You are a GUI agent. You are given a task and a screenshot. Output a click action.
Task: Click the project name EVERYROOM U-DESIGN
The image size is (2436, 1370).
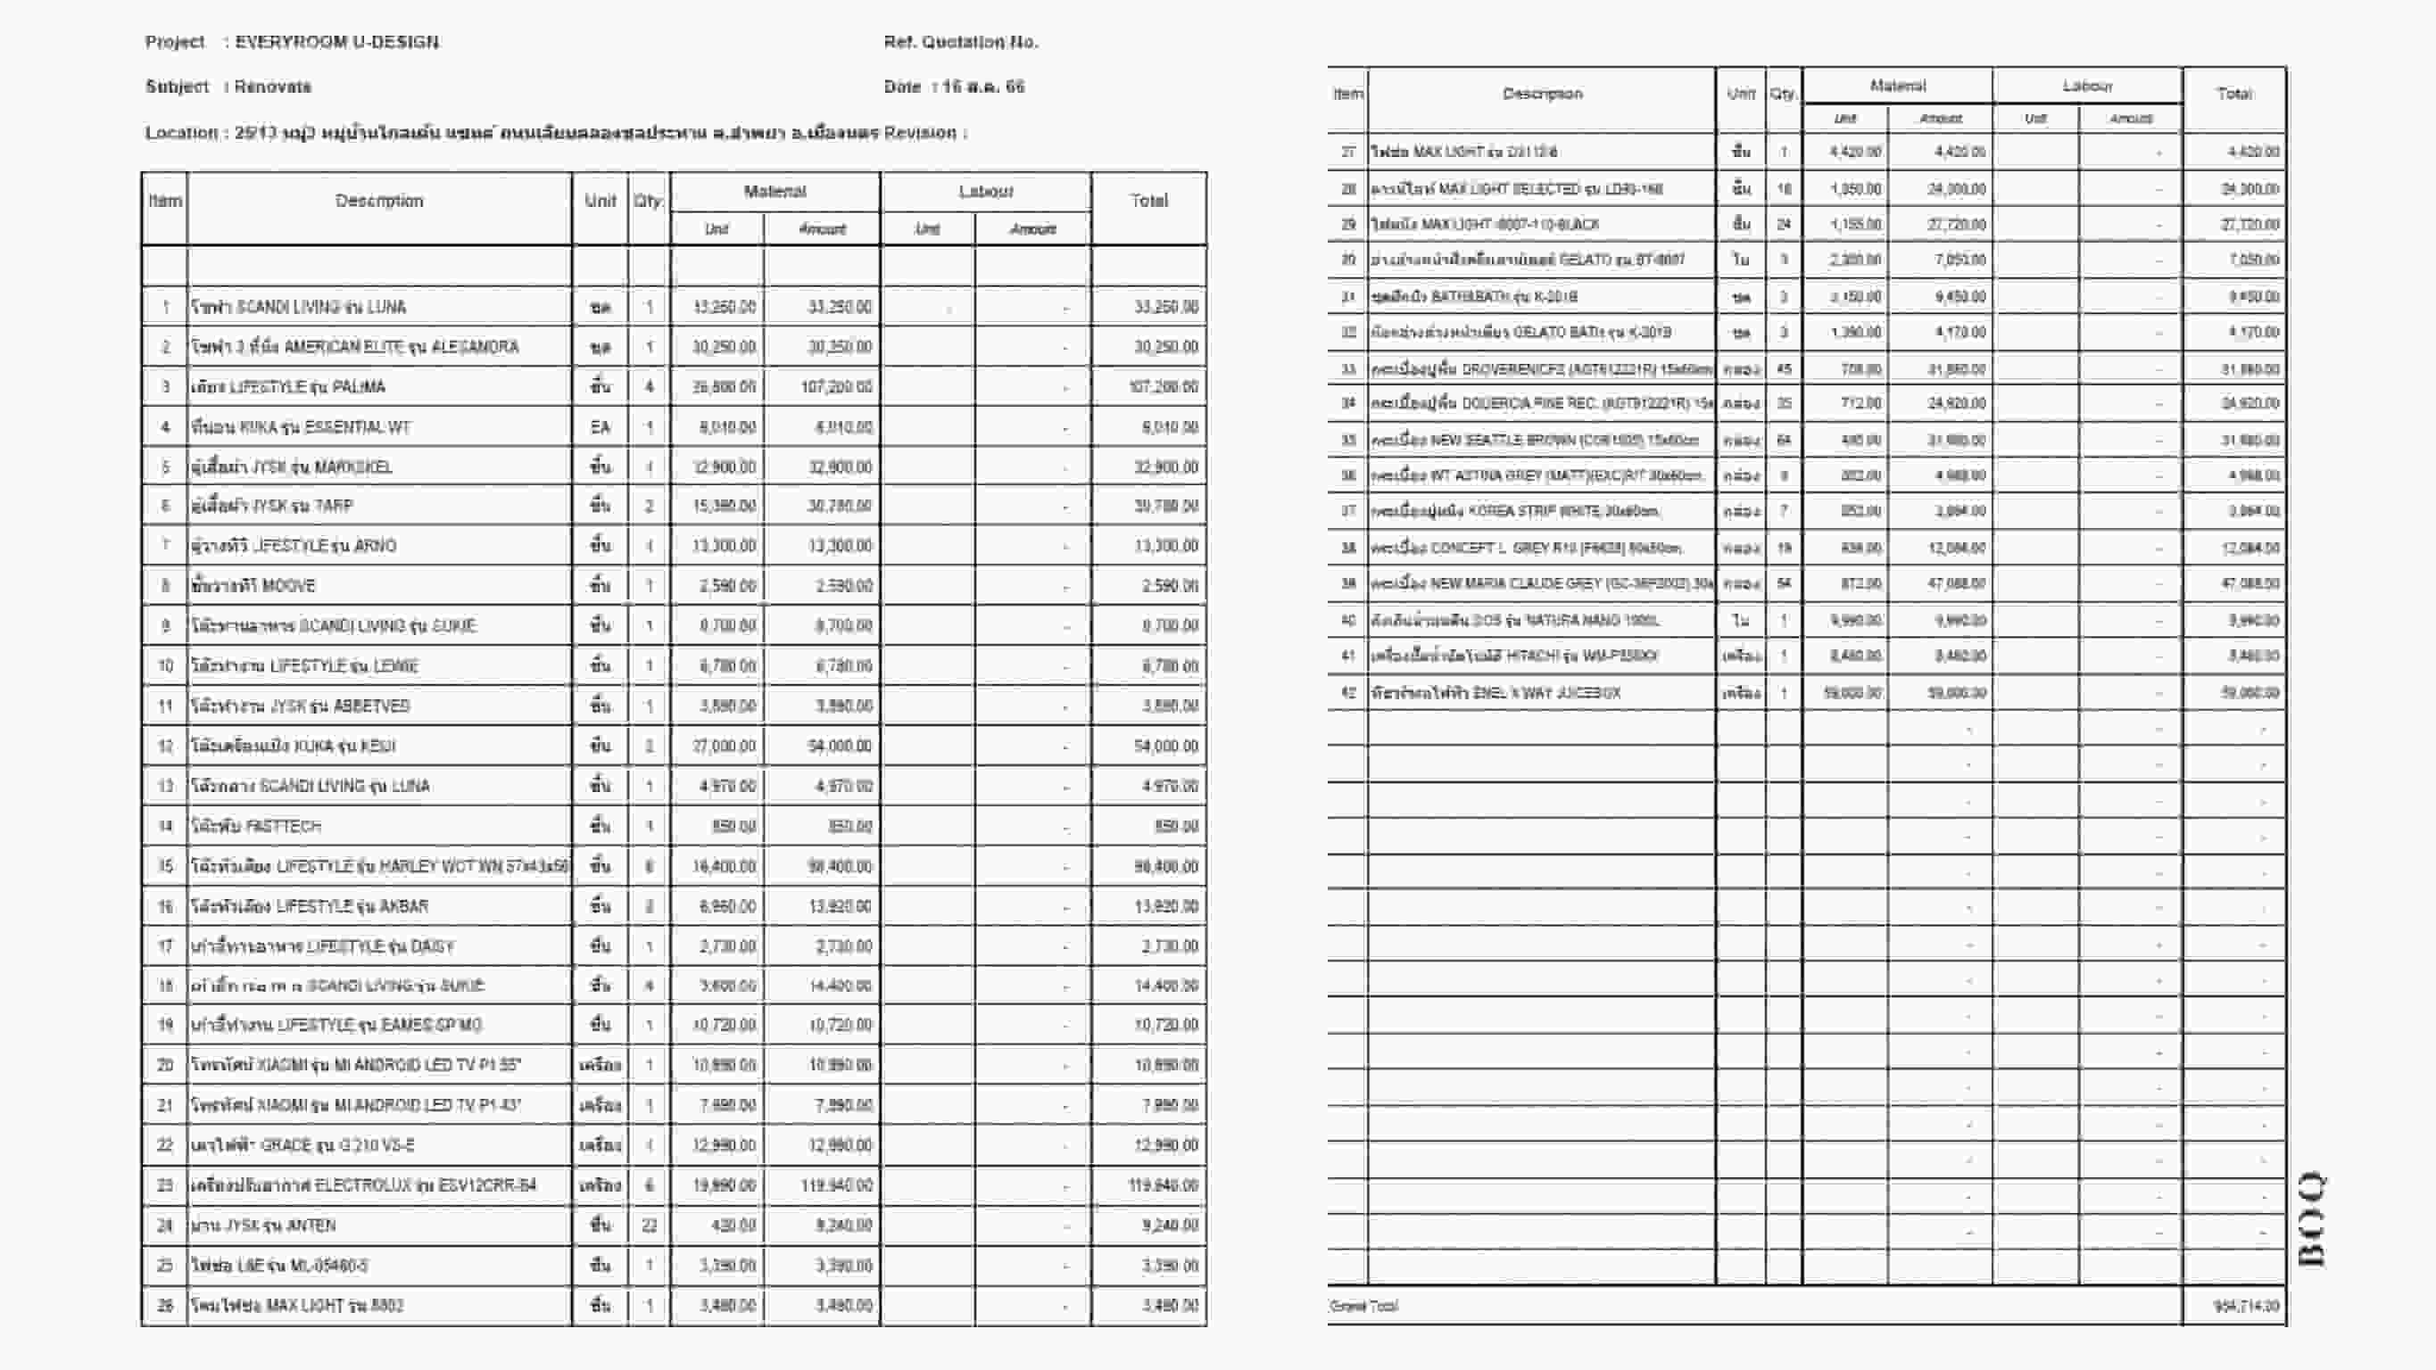tap(336, 42)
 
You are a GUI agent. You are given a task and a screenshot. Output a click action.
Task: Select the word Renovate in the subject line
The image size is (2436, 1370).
tap(272, 86)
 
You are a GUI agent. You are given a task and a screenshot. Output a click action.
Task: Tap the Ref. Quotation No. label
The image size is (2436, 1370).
tap(960, 42)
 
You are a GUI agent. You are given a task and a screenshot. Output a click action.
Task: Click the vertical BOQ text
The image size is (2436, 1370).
tap(2311, 1218)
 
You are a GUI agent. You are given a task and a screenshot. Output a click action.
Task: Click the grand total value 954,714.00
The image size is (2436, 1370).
tap(2246, 1306)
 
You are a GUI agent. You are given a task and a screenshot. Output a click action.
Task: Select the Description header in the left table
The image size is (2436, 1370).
tap(379, 201)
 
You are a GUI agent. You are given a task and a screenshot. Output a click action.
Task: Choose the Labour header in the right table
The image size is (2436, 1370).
tap(2087, 86)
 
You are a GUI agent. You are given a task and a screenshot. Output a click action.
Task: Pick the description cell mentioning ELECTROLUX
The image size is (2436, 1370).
tap(364, 1184)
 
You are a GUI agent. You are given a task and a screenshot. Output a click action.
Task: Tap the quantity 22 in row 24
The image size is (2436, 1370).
tap(649, 1226)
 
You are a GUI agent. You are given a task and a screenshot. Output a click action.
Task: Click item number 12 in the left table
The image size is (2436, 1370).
tap(165, 746)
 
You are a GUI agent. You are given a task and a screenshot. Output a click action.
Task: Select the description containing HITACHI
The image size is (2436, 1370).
tap(1514, 656)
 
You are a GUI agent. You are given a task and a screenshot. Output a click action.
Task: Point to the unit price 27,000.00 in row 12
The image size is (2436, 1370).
tap(724, 746)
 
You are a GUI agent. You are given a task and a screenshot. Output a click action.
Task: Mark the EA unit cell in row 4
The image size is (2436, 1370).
tap(601, 427)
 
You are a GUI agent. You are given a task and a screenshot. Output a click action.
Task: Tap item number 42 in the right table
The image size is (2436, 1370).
tap(1347, 693)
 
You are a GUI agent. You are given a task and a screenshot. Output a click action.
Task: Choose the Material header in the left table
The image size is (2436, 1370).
tap(775, 191)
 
